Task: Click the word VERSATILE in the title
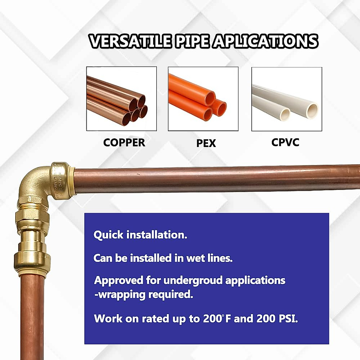click(130, 41)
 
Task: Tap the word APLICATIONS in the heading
click(265, 41)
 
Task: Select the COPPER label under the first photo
click(124, 142)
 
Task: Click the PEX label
click(206, 143)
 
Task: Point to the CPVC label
click(285, 142)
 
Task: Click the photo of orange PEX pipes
click(203, 99)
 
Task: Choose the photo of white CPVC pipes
click(286, 99)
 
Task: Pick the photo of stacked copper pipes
click(121, 99)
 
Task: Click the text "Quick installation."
click(140, 235)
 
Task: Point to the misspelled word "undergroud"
click(192, 280)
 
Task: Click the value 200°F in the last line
click(217, 319)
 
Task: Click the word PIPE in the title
click(192, 41)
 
